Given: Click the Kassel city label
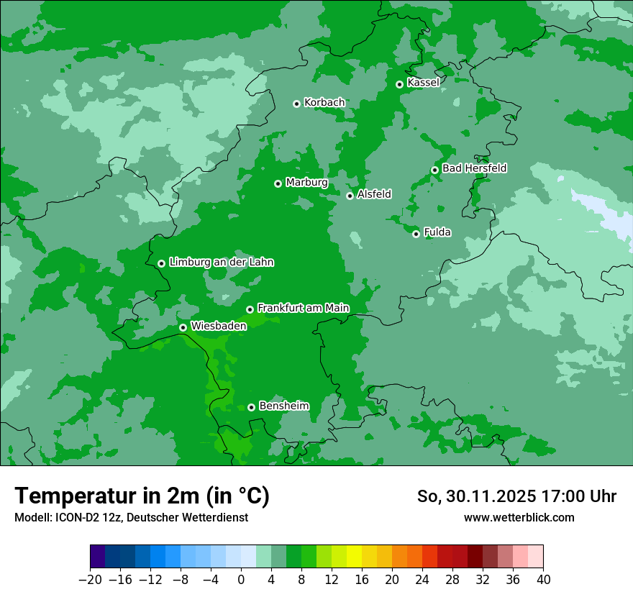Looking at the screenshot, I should pyautogui.click(x=423, y=83).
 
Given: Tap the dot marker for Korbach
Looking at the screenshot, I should pyautogui.click(x=296, y=104).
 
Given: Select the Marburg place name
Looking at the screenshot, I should pyautogui.click(x=306, y=183).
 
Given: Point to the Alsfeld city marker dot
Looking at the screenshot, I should pyautogui.click(x=350, y=196).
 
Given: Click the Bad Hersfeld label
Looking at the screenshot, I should pyautogui.click(x=474, y=168).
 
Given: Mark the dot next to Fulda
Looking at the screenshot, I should pyautogui.click(x=416, y=234).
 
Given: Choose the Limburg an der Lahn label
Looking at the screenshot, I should pyautogui.click(x=221, y=263).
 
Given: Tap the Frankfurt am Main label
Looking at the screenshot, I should pyautogui.click(x=303, y=308).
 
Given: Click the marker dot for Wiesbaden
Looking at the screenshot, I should pyautogui.click(x=183, y=327).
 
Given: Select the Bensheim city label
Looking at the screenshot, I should pyautogui.click(x=283, y=406).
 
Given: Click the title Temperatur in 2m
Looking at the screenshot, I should pyautogui.click(x=142, y=496).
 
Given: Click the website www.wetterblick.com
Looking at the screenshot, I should pyautogui.click(x=519, y=517).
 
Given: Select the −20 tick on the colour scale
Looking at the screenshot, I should pyautogui.click(x=91, y=579).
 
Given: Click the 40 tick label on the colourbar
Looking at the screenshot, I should pyautogui.click(x=543, y=579).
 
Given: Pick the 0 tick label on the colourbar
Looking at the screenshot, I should pyautogui.click(x=241, y=579).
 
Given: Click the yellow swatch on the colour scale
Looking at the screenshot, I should pyautogui.click(x=354, y=557).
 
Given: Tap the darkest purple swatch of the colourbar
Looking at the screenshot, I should pyautogui.click(x=98, y=557).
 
